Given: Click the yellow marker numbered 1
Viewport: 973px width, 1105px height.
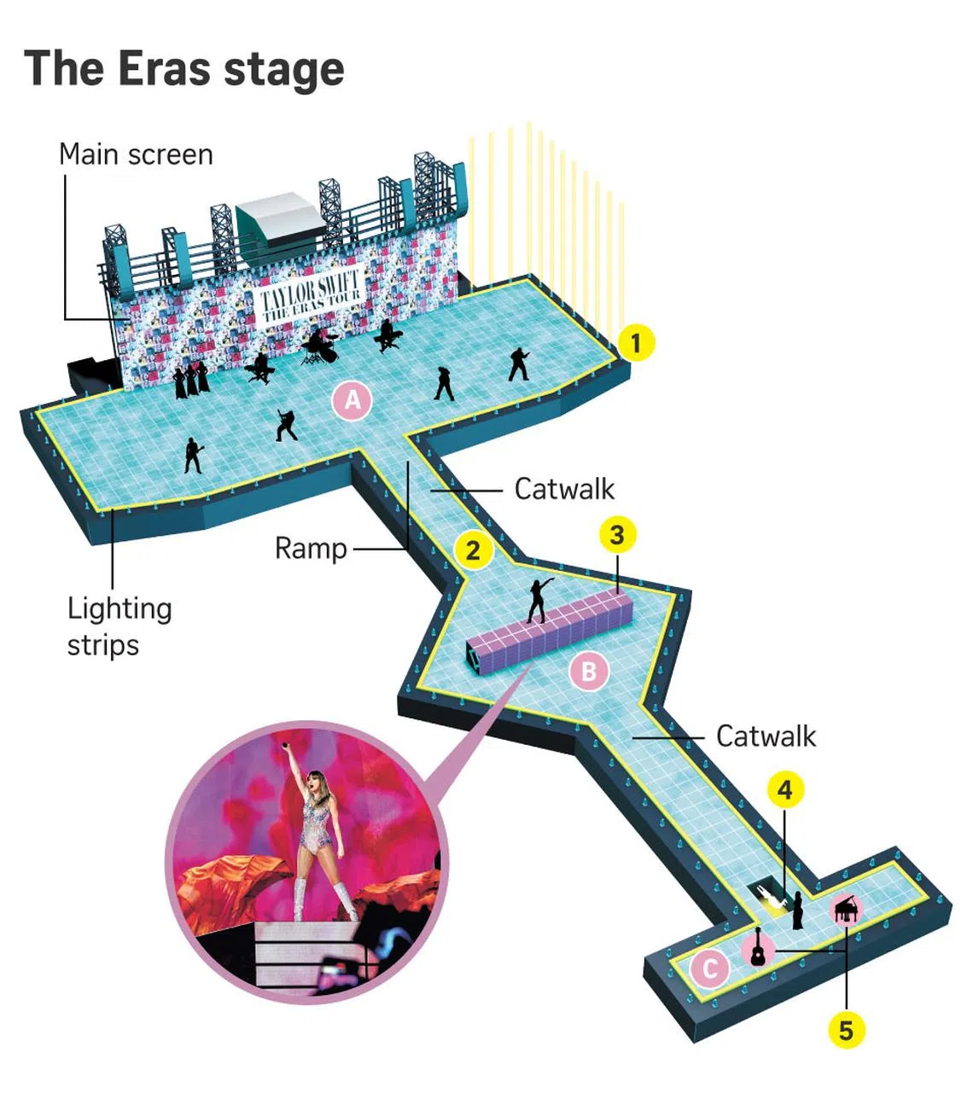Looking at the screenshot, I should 635,343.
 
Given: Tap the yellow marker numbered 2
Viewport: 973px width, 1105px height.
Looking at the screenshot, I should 473,550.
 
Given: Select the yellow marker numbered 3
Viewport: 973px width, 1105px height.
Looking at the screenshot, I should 617,535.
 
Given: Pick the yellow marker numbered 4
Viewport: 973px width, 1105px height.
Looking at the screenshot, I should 785,789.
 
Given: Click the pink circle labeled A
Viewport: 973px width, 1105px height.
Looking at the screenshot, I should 352,399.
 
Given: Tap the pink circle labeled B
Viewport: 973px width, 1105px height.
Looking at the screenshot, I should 589,671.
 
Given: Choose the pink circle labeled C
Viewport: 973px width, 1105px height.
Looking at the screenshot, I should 709,969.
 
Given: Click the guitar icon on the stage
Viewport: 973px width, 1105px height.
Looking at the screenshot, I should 758,949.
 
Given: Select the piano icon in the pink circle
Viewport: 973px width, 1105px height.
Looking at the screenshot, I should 845,910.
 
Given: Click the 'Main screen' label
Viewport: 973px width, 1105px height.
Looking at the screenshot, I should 136,154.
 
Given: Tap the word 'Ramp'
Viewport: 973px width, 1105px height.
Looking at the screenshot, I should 311,549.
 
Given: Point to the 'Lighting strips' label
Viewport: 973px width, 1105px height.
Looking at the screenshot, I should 119,626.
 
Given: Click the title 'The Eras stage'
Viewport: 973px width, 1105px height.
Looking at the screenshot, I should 184,68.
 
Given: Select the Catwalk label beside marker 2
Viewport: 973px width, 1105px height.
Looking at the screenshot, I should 564,489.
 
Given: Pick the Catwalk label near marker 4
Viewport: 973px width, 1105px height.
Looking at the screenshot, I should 766,736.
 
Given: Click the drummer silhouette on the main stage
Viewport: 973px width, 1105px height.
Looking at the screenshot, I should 321,346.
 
